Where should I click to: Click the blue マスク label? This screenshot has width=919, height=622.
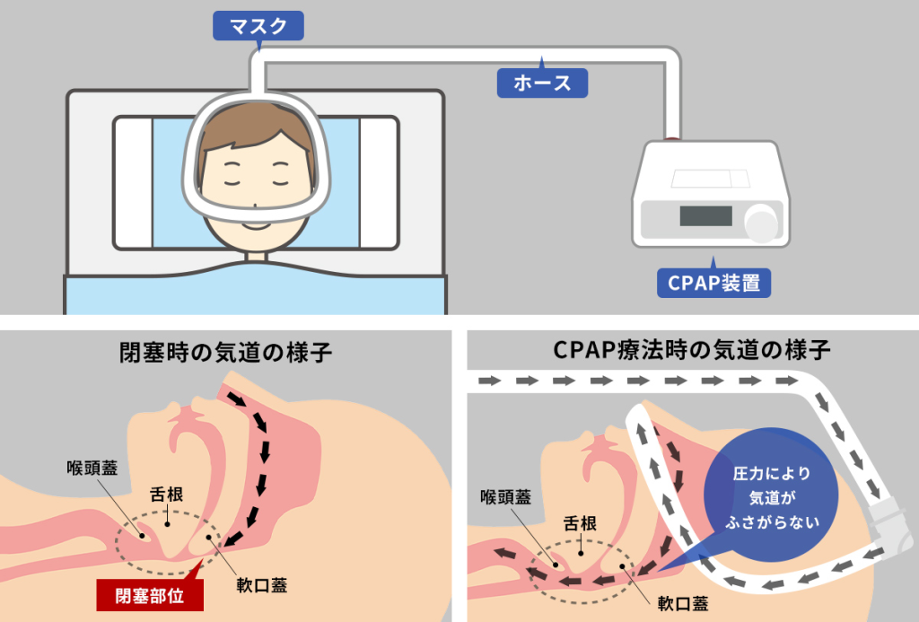point(258,26)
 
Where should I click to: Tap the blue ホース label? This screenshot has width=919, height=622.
point(542,83)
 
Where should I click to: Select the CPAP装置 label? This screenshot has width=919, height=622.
point(713,283)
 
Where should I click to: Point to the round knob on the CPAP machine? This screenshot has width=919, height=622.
point(762,221)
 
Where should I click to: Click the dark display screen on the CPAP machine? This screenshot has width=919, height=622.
point(706,216)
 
